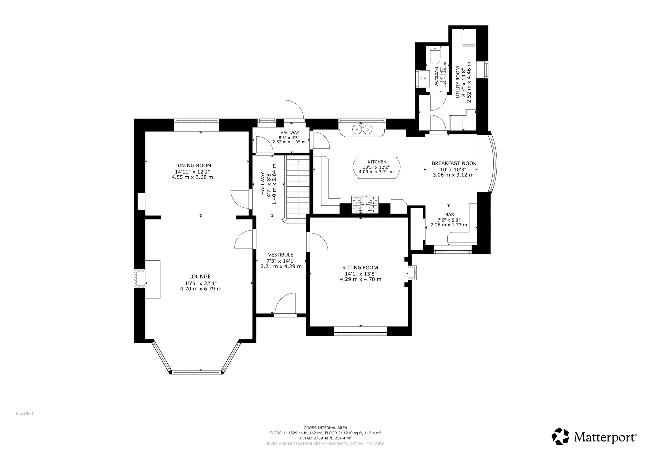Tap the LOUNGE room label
click(x=200, y=276)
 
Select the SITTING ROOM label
click(x=360, y=267)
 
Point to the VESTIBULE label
click(x=281, y=255)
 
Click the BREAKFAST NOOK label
click(x=454, y=163)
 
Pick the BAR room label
click(x=450, y=214)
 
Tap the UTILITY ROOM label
click(x=458, y=82)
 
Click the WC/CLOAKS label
click(x=436, y=77)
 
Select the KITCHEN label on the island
click(x=377, y=162)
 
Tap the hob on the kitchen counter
click(x=365, y=204)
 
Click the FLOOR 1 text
click(x=25, y=413)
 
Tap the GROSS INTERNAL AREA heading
click(x=325, y=428)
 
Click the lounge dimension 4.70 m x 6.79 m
click(x=201, y=289)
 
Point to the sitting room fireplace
click(x=412, y=272)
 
